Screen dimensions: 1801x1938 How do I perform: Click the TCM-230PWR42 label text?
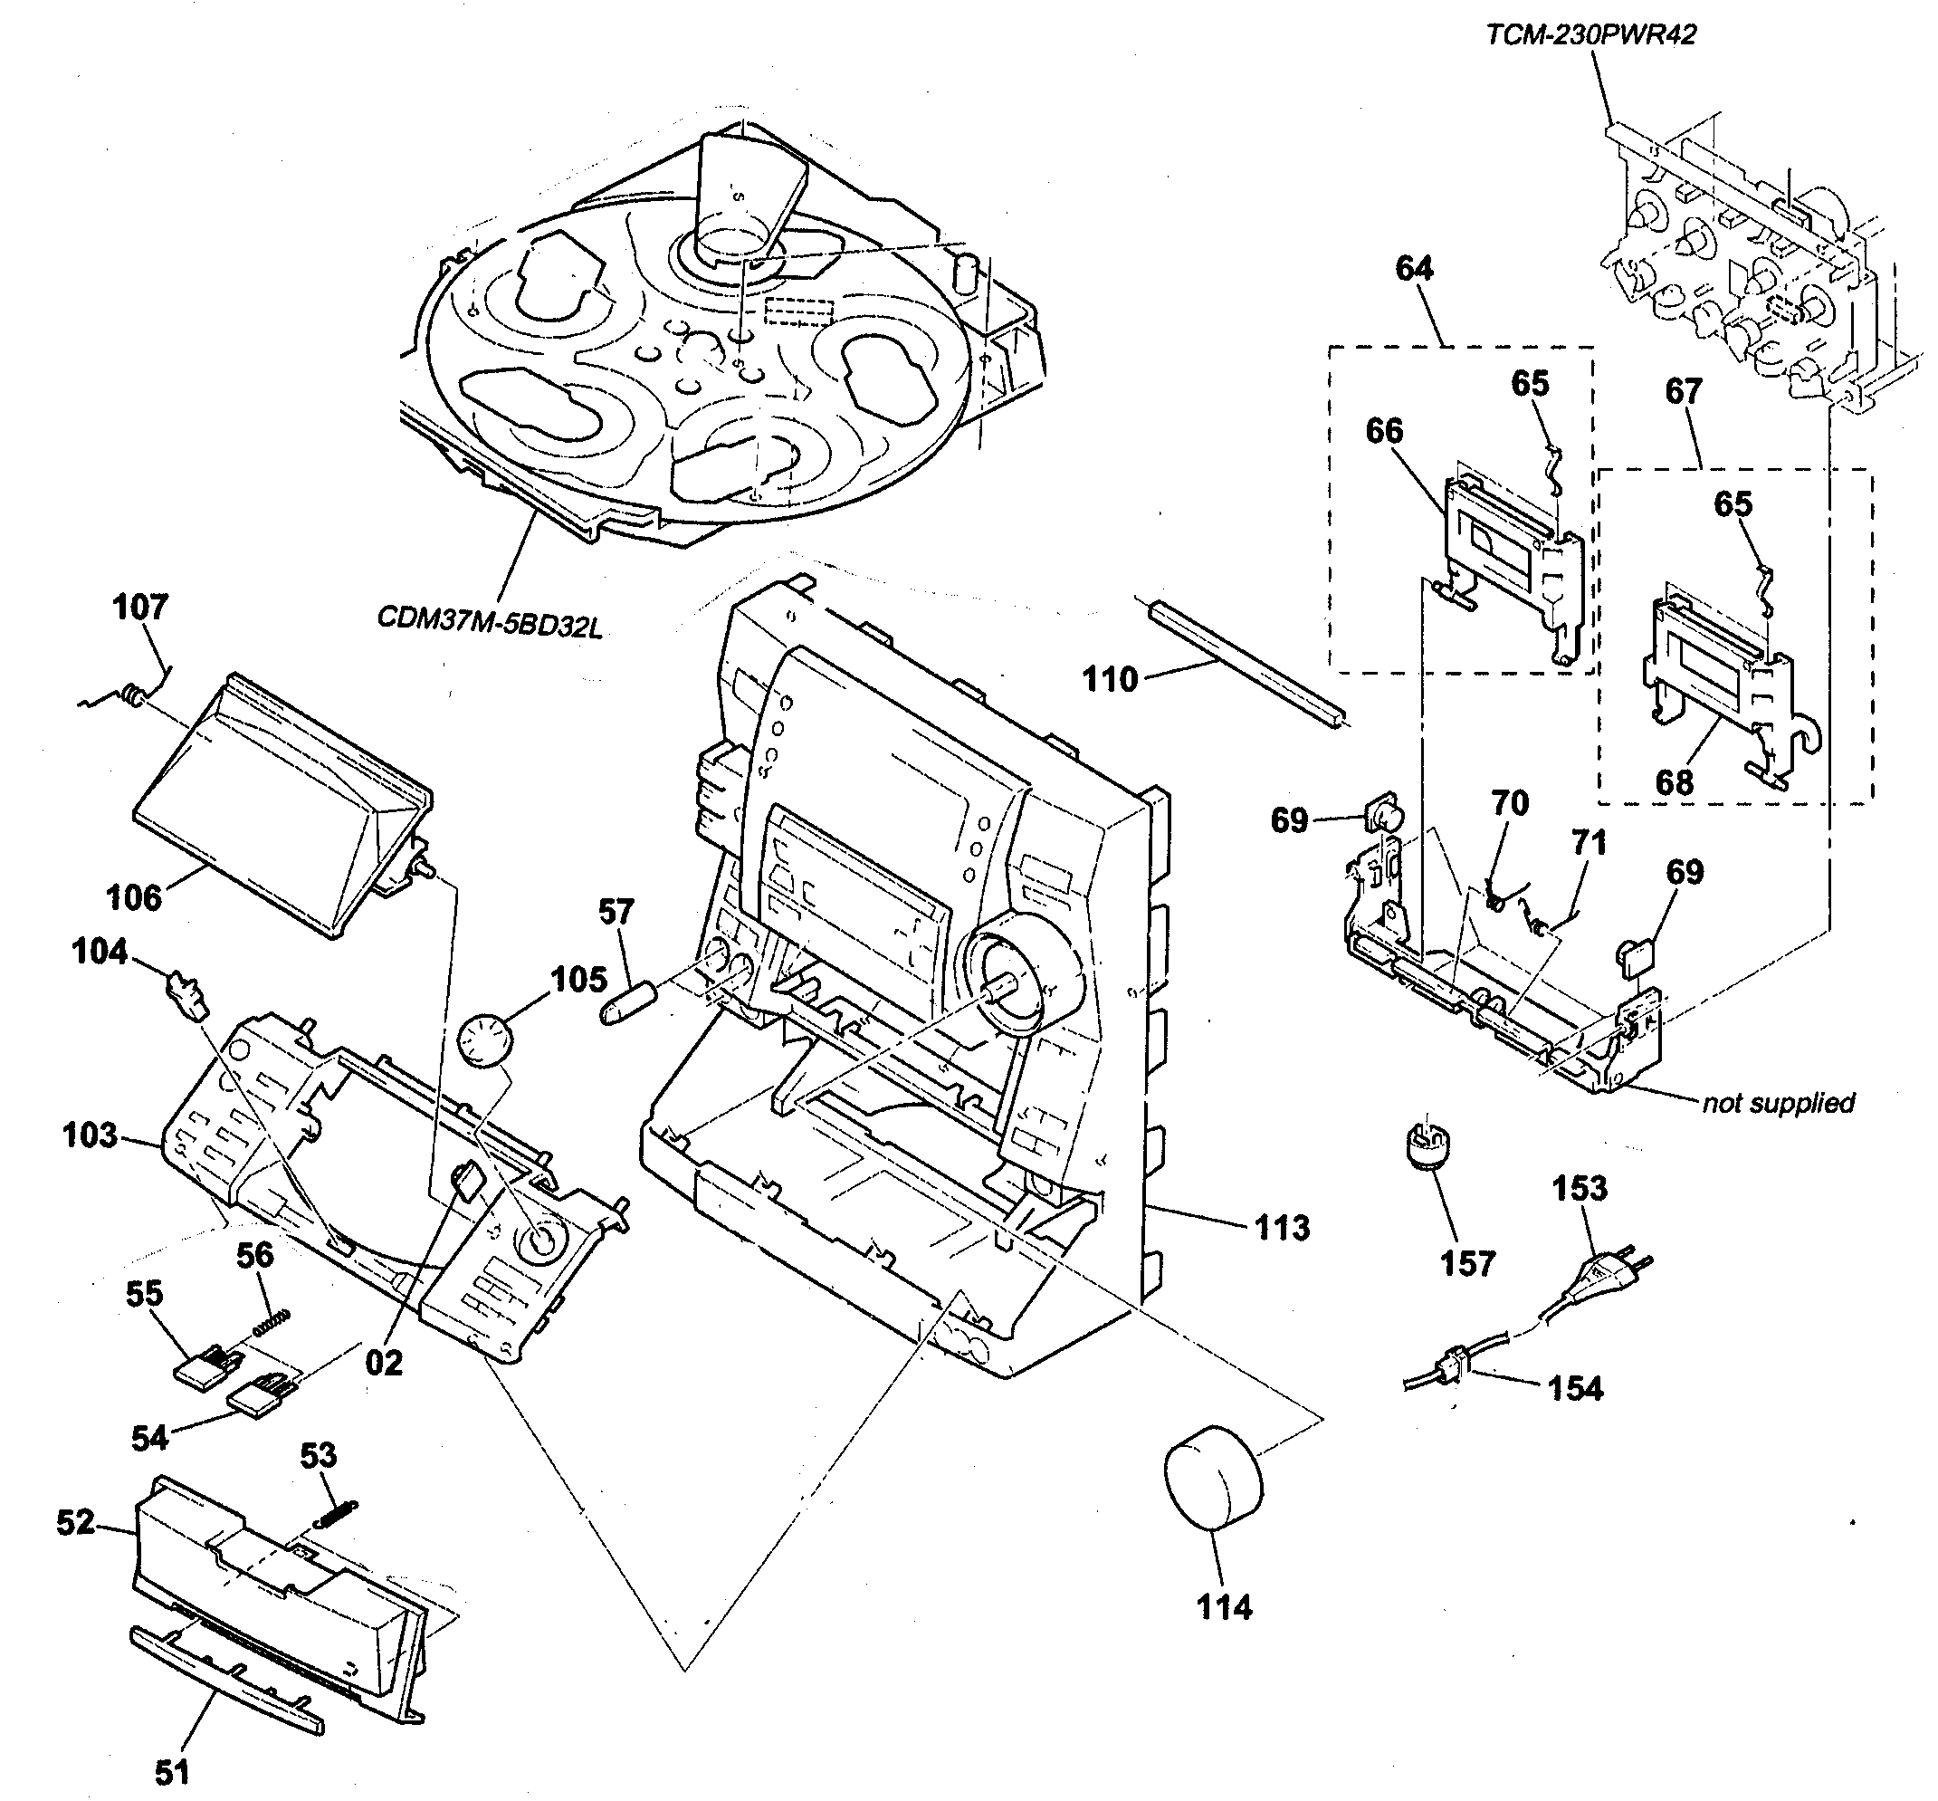click(x=1590, y=35)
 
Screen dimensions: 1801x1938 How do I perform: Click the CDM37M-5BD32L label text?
click(x=489, y=622)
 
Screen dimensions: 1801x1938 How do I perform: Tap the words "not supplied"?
click(x=1777, y=1103)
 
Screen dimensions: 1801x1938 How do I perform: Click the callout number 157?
click(x=1466, y=1264)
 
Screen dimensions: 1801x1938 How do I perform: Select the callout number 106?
click(x=133, y=896)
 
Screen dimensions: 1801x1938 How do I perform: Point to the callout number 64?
click(x=1414, y=268)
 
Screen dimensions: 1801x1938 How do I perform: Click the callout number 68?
click(x=1674, y=781)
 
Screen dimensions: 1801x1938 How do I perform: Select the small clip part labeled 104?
click(x=187, y=994)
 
